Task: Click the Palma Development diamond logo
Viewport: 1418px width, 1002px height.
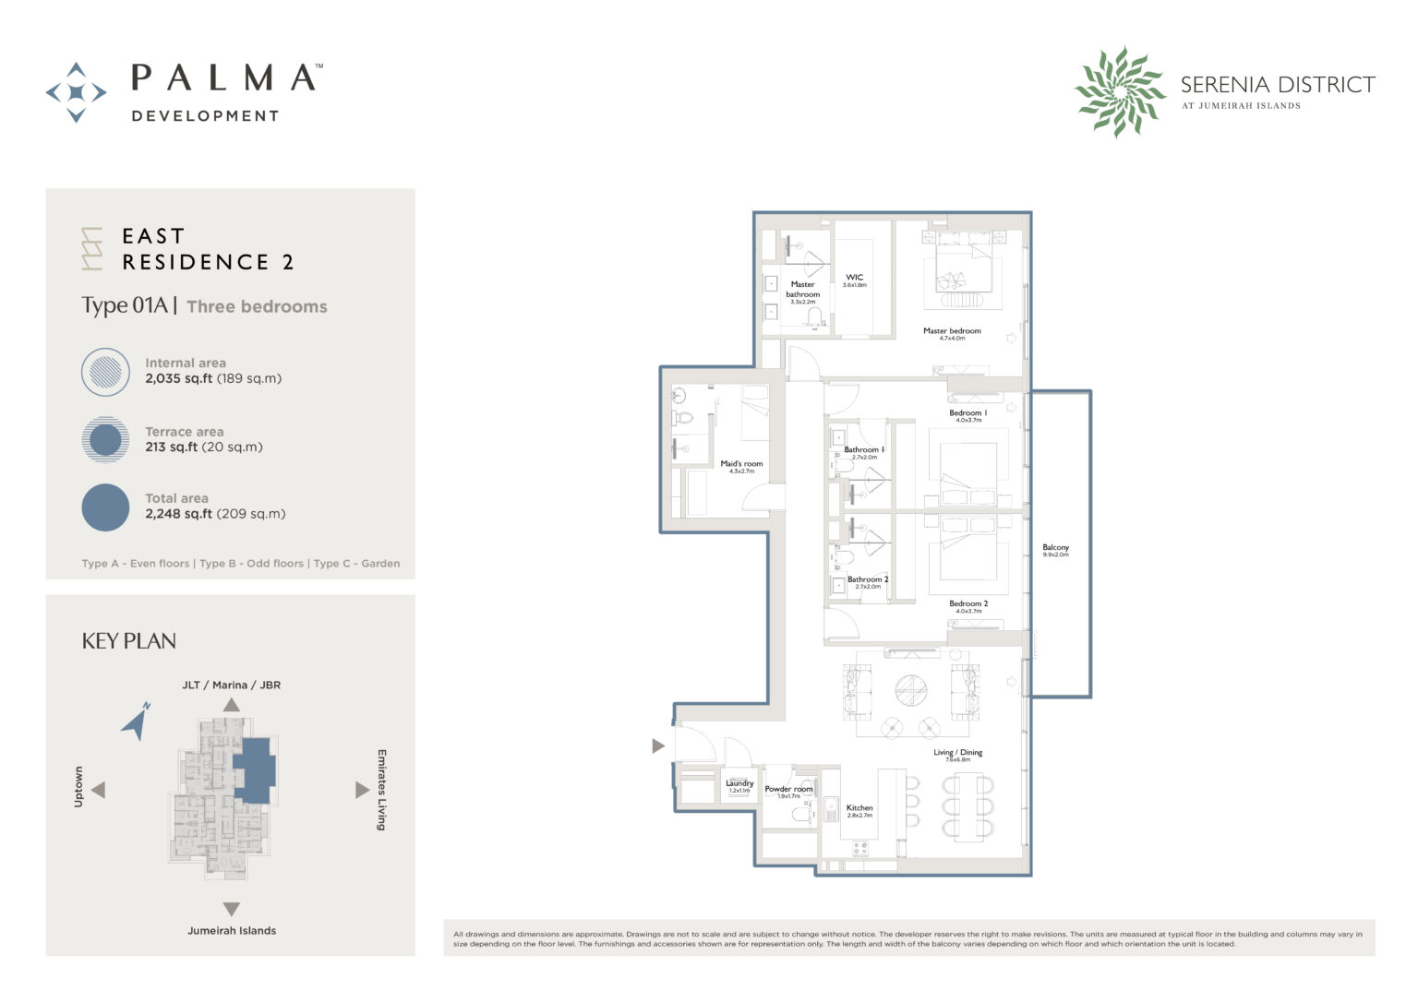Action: click(x=76, y=92)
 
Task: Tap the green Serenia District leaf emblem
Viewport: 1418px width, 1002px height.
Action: click(x=1120, y=92)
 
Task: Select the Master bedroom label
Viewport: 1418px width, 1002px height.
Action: click(x=952, y=331)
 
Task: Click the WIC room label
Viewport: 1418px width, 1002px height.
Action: click(x=854, y=278)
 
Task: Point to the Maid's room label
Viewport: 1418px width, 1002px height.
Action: click(x=741, y=464)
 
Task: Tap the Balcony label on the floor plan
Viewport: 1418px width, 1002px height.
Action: click(x=1055, y=548)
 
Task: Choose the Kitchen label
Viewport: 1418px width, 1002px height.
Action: click(x=859, y=808)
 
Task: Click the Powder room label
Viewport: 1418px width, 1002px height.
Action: click(x=788, y=790)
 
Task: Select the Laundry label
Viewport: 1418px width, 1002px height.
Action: click(x=739, y=784)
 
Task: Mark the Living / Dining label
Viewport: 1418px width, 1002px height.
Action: click(x=958, y=753)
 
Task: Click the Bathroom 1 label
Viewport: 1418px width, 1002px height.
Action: click(x=864, y=450)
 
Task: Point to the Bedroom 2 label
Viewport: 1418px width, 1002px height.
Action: click(x=968, y=604)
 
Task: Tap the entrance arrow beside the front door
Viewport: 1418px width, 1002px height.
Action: click(x=658, y=746)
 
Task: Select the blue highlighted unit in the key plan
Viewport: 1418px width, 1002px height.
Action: click(x=253, y=768)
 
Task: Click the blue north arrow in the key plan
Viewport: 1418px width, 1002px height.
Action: click(x=137, y=722)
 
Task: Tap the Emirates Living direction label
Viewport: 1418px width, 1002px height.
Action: click(x=380, y=790)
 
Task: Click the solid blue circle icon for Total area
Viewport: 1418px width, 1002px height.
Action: click(x=105, y=507)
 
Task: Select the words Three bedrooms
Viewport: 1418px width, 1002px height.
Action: click(x=257, y=307)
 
